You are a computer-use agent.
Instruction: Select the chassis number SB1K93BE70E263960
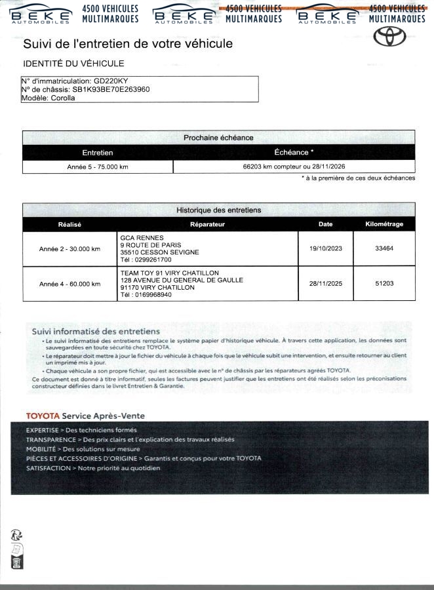pyautogui.click(x=111, y=90)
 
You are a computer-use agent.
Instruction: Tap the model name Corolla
pyautogui.click(x=63, y=98)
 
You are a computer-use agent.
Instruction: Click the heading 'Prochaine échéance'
pyautogui.click(x=218, y=138)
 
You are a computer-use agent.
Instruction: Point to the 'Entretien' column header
pyautogui.click(x=98, y=152)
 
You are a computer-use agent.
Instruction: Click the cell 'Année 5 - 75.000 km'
pyautogui.click(x=98, y=167)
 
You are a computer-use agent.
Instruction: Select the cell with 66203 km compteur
pyautogui.click(x=294, y=167)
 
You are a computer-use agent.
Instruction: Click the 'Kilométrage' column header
pyautogui.click(x=384, y=224)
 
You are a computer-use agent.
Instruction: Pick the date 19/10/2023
pyautogui.click(x=325, y=248)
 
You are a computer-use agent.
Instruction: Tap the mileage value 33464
pyautogui.click(x=384, y=248)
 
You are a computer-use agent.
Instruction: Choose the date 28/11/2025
pyautogui.click(x=325, y=283)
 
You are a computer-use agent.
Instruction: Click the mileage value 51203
pyautogui.click(x=384, y=283)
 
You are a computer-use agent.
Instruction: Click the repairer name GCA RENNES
pyautogui.click(x=142, y=237)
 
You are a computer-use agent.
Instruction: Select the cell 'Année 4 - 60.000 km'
pyautogui.click(x=69, y=284)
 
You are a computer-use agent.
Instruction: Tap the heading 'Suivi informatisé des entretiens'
pyautogui.click(x=96, y=332)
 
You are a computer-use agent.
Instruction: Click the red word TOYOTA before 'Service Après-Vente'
pyautogui.click(x=43, y=416)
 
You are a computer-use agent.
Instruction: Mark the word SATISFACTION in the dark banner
pyautogui.click(x=48, y=468)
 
